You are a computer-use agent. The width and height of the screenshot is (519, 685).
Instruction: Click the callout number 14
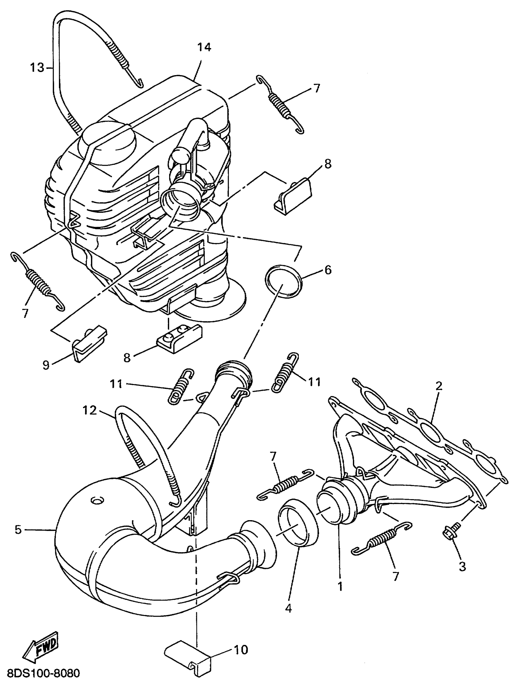204,47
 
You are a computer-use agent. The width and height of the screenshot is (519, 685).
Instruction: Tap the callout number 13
37,67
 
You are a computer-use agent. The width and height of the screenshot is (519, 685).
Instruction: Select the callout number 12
89,411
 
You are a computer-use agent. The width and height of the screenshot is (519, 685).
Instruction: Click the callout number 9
46,365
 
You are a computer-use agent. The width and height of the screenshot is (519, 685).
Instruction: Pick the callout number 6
328,270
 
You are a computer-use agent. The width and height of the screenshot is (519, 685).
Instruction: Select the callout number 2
438,386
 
